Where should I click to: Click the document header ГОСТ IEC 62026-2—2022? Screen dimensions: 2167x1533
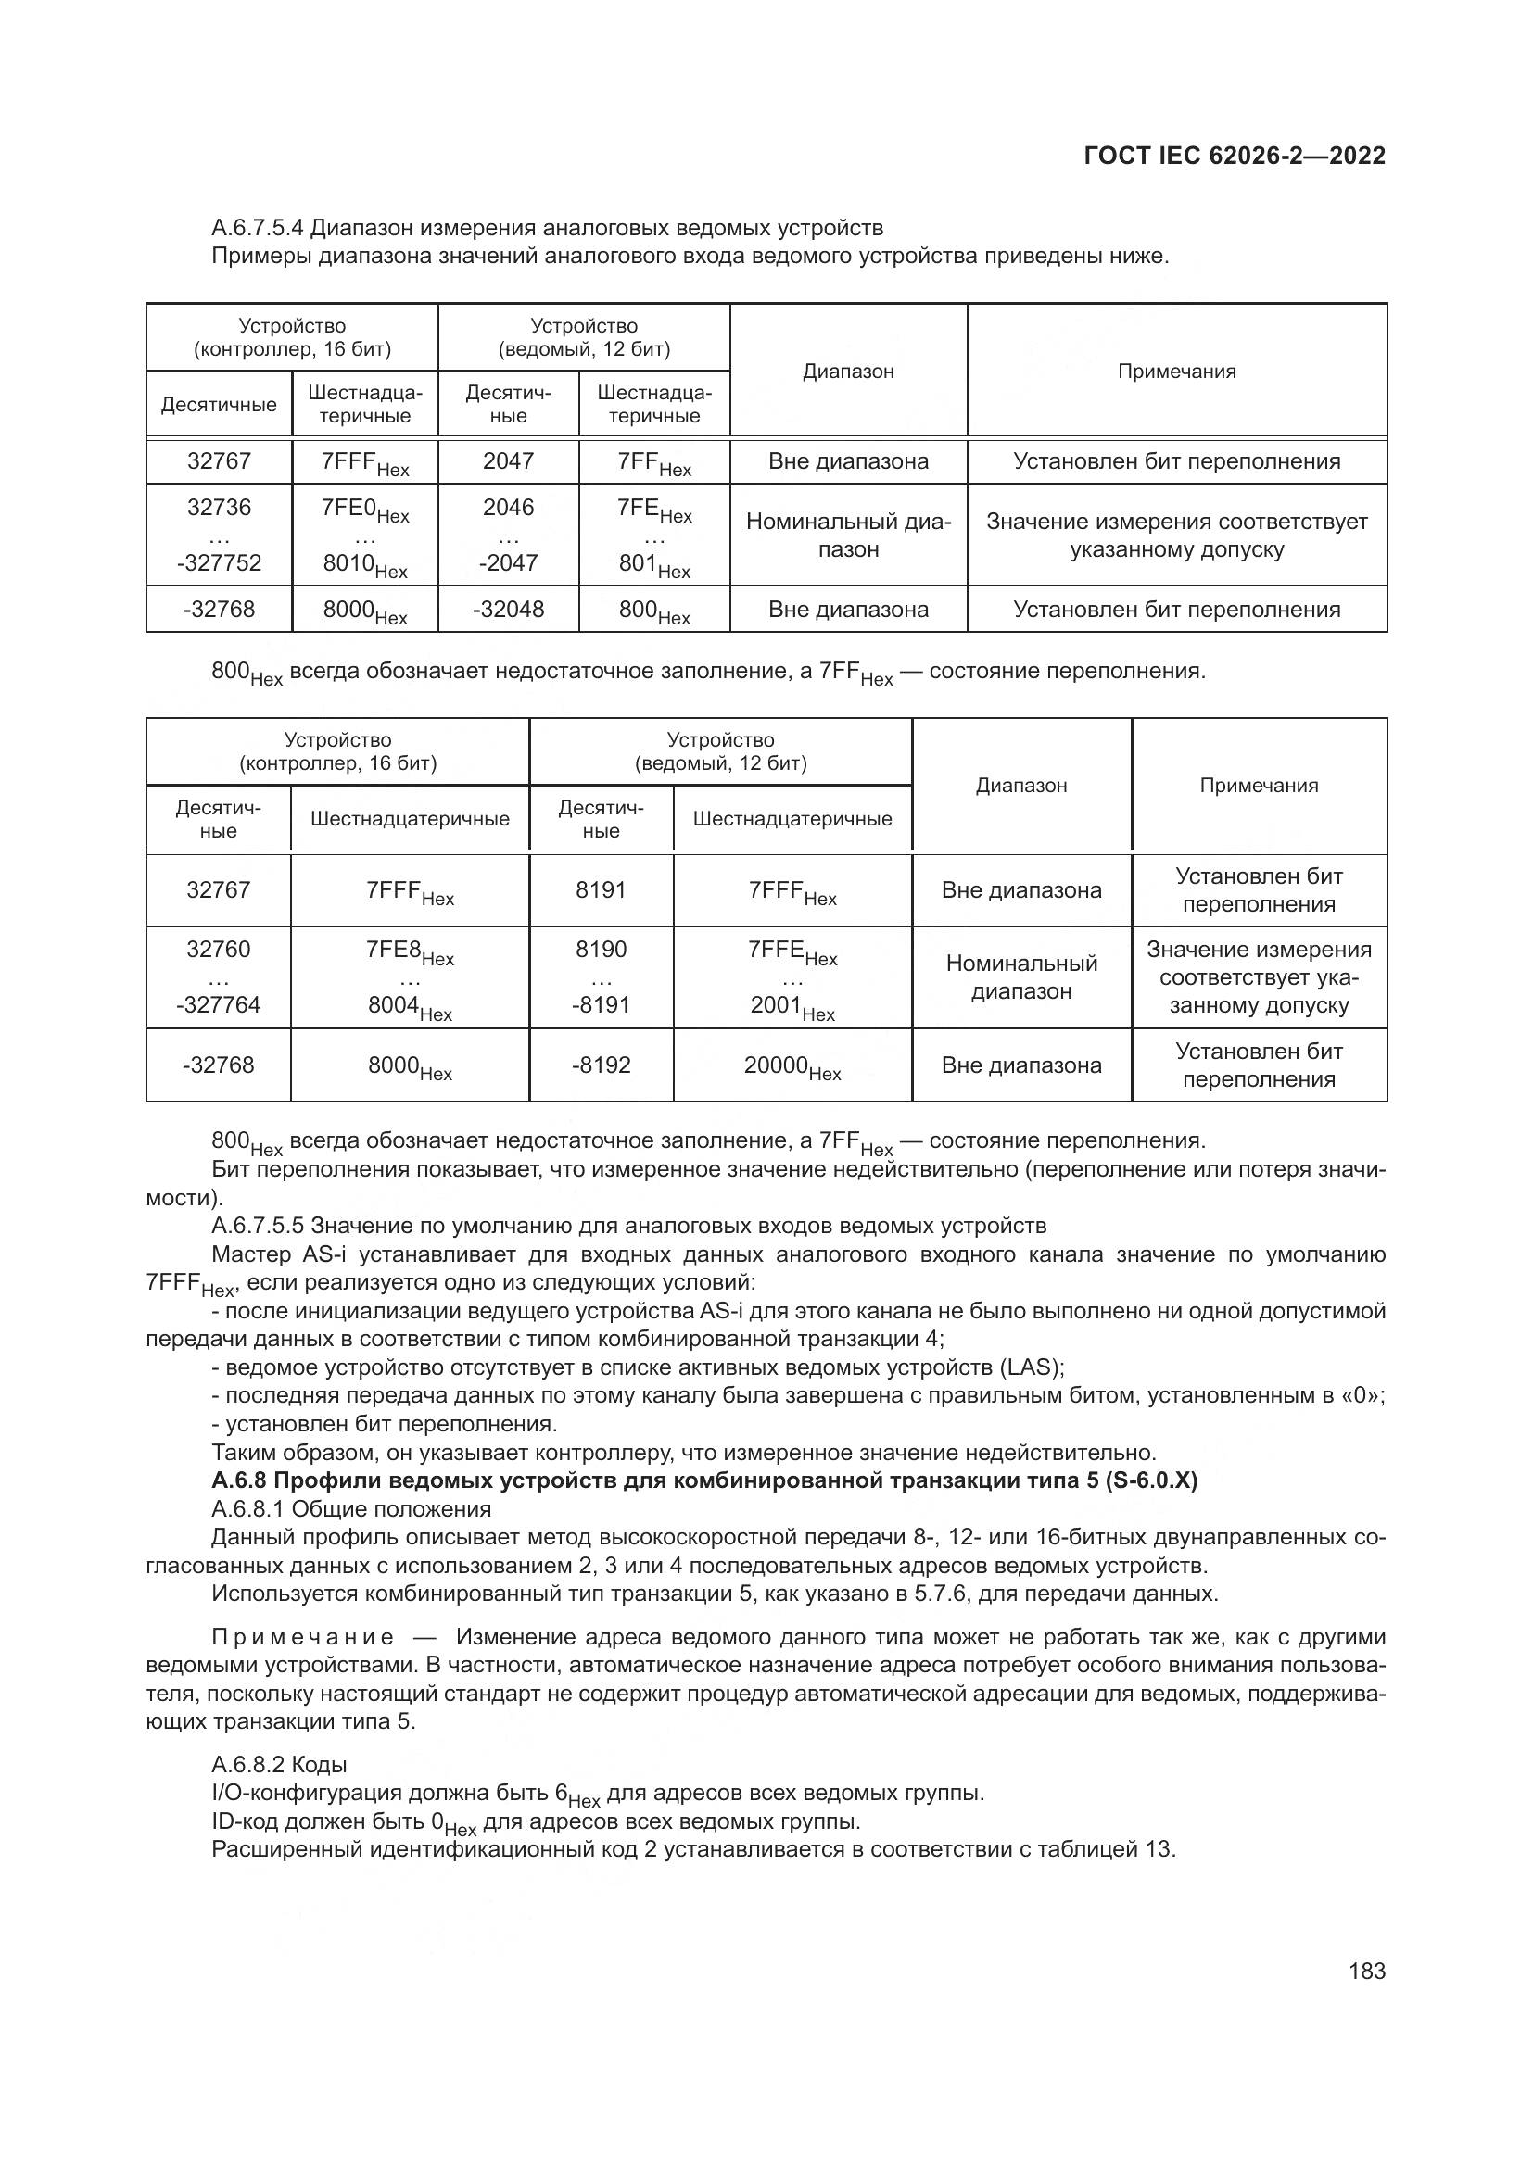pyautogui.click(x=1234, y=156)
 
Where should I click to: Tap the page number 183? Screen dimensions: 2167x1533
pyautogui.click(x=1367, y=1971)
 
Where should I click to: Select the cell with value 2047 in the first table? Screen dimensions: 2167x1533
pyautogui.click(x=508, y=460)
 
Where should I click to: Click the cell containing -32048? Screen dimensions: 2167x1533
pyautogui.click(x=508, y=609)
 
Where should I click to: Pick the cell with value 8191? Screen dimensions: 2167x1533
pyautogui.click(x=601, y=890)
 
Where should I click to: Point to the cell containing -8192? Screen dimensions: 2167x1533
pyautogui.click(x=601, y=1065)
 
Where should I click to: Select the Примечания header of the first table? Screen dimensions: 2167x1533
pyautogui.click(x=1176, y=371)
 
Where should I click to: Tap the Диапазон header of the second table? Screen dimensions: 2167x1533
pyautogui.click(x=1020, y=786)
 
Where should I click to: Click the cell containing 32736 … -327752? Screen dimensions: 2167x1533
pyautogui.click(x=219, y=535)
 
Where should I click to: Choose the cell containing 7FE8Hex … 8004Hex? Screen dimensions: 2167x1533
pyautogui.click(x=410, y=976)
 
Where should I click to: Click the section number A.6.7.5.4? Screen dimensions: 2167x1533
pyautogui.click(x=257, y=228)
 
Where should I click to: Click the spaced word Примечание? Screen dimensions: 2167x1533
pyautogui.click(x=303, y=1636)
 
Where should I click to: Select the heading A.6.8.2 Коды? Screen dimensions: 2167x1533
pyautogui.click(x=278, y=1764)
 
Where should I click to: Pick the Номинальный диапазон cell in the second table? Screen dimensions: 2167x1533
pyautogui.click(x=1020, y=976)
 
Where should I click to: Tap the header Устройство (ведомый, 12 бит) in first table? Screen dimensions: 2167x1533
pyautogui.click(x=583, y=337)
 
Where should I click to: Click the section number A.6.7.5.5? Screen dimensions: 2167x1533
pyautogui.click(x=257, y=1225)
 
